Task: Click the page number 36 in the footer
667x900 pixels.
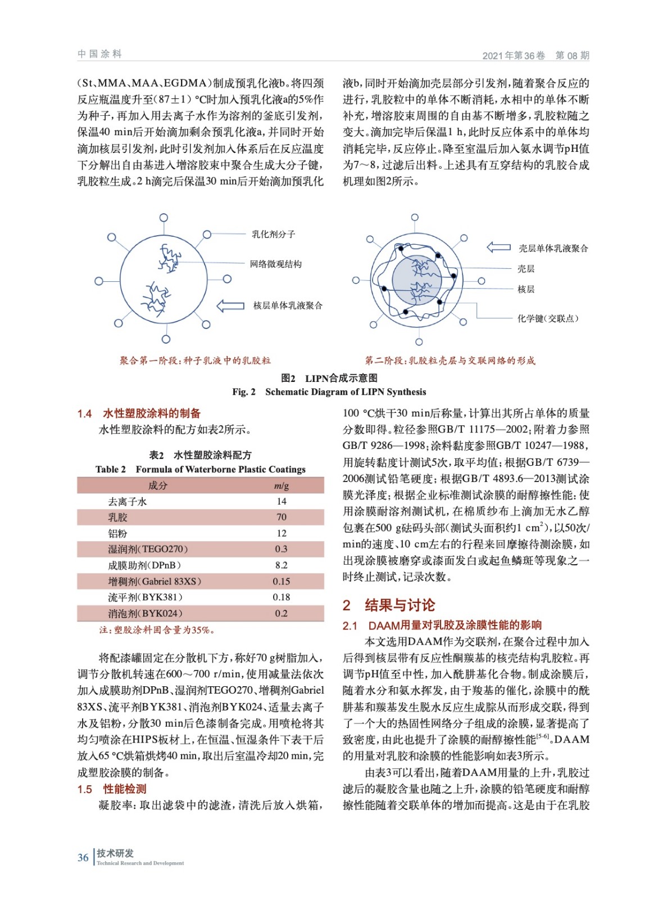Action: (83, 857)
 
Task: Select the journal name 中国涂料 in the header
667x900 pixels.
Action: (99, 54)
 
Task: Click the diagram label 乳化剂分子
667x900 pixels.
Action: (273, 234)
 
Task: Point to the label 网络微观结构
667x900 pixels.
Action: (275, 264)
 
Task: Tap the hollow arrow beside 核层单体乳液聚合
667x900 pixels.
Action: (230, 305)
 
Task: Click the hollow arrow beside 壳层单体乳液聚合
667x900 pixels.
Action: (498, 247)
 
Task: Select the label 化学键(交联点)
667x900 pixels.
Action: (547, 318)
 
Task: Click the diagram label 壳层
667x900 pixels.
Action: (526, 269)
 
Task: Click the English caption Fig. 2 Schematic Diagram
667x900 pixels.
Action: (329, 391)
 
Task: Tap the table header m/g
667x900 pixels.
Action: (281, 485)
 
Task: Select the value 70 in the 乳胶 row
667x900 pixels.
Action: (281, 517)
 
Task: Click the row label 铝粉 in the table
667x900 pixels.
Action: (118, 533)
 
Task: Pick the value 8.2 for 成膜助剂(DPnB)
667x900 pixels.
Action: (281, 565)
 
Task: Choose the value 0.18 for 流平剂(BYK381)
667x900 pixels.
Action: (281, 597)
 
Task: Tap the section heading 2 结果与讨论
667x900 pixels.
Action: (389, 605)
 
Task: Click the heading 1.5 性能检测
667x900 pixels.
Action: (112, 789)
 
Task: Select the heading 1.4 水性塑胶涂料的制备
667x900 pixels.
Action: (139, 413)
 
